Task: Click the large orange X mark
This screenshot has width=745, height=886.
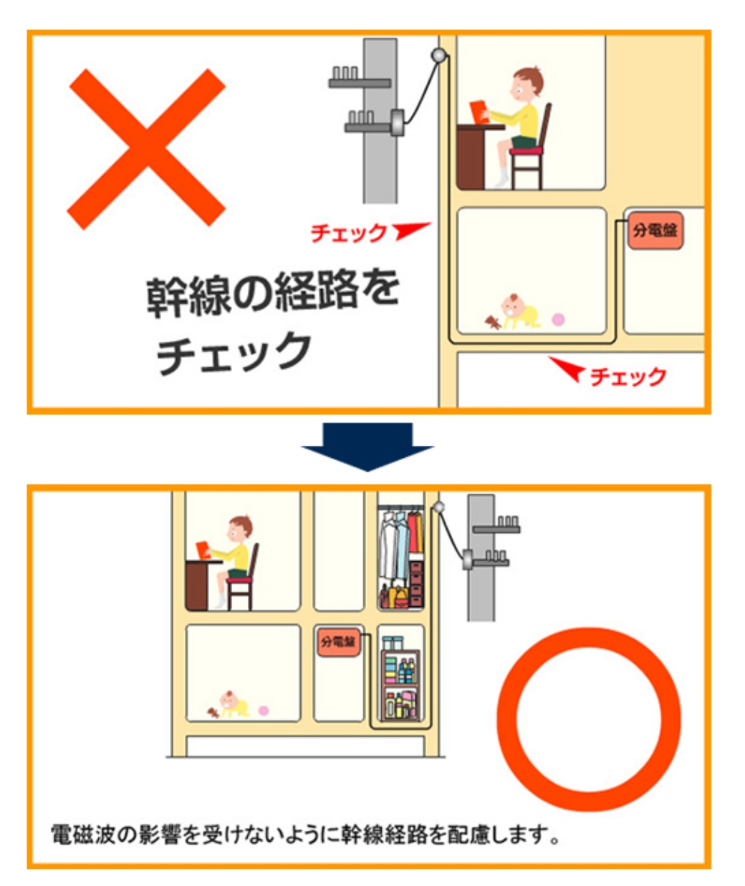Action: pyautogui.click(x=147, y=149)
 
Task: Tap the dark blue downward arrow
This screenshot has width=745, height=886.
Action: pyautogui.click(x=367, y=447)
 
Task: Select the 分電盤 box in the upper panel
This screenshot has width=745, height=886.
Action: pyautogui.click(x=655, y=231)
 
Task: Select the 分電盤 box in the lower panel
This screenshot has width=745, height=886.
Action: pyautogui.click(x=339, y=641)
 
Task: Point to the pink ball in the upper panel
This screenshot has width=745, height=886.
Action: pyautogui.click(x=558, y=319)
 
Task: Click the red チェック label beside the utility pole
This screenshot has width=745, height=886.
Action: pyautogui.click(x=348, y=233)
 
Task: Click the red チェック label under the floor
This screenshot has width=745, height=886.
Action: pyautogui.click(x=628, y=376)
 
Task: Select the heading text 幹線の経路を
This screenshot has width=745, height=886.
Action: pyautogui.click(x=273, y=293)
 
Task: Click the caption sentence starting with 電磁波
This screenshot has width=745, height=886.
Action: pyautogui.click(x=305, y=834)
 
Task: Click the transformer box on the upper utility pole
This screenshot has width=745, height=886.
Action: pyautogui.click(x=398, y=122)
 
